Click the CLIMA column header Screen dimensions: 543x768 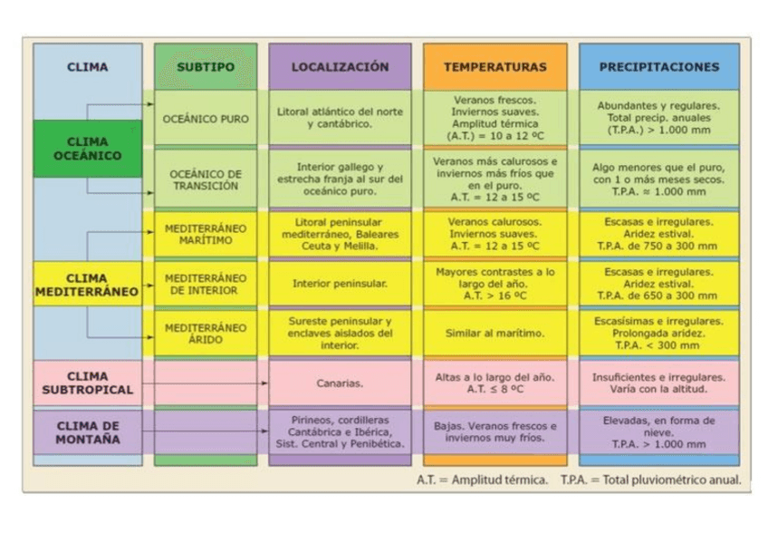pos(87,67)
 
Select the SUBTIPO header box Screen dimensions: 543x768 pos(205,67)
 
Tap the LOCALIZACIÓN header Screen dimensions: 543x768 pos(340,67)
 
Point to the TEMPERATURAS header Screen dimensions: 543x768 pos(494,67)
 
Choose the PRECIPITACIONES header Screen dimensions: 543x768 pos(658,67)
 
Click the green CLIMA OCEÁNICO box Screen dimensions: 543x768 pos(87,149)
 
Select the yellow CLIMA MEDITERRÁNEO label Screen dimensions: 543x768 pos(87,285)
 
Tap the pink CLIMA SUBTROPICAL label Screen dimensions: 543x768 pos(87,383)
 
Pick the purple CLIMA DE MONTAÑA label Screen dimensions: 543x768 pos(87,431)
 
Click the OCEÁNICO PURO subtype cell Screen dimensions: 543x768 pos(205,119)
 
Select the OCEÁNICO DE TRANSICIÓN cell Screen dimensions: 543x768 pos(205,179)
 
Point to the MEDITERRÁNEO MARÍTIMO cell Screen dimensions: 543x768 pos(205,234)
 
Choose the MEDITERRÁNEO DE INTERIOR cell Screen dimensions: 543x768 pos(205,284)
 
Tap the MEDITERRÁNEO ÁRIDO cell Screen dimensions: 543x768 pos(205,333)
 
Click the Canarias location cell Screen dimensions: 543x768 pos(340,383)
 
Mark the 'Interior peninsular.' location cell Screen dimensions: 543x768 pos(340,284)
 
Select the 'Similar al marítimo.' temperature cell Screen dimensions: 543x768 pos(494,333)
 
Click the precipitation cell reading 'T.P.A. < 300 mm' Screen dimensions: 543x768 pos(658,333)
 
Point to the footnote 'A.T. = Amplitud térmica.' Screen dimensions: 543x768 pos(482,480)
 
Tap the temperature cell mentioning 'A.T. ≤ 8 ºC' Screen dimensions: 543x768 pos(494,383)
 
